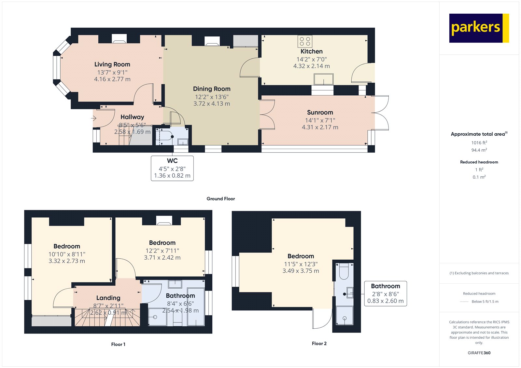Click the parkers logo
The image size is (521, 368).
coord(479,28)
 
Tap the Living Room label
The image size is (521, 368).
coord(112,64)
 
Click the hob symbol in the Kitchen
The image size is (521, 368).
coord(305,41)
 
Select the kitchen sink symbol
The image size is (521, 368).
coord(323,79)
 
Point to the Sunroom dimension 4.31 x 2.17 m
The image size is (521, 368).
coord(320,127)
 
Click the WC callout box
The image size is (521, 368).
coord(172,168)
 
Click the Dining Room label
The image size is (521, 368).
coord(212,89)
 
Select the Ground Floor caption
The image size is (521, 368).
coord(220,198)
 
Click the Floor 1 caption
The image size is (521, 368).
coord(118,344)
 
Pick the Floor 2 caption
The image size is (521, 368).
coord(319,343)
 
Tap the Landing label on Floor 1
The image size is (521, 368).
coord(108,298)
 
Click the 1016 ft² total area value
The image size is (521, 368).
coord(479,143)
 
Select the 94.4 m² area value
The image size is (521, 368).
coord(479,150)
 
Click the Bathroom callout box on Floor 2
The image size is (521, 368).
coord(386,293)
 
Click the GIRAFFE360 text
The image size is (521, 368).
coord(479,353)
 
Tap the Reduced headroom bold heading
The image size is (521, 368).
coord(479,162)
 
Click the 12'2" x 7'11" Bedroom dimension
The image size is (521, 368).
coord(162,251)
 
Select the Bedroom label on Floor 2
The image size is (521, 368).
coord(301,256)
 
